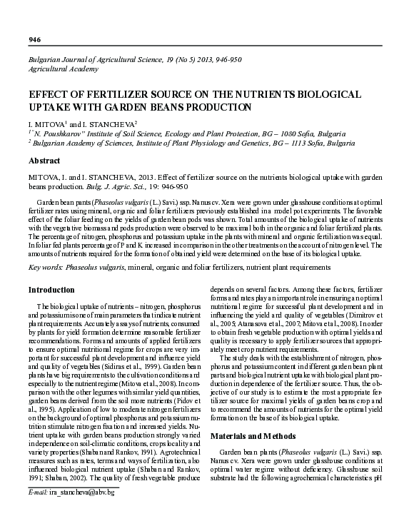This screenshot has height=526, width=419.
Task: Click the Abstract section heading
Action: click(x=45, y=161)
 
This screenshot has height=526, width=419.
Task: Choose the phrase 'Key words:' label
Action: click(x=48, y=267)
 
